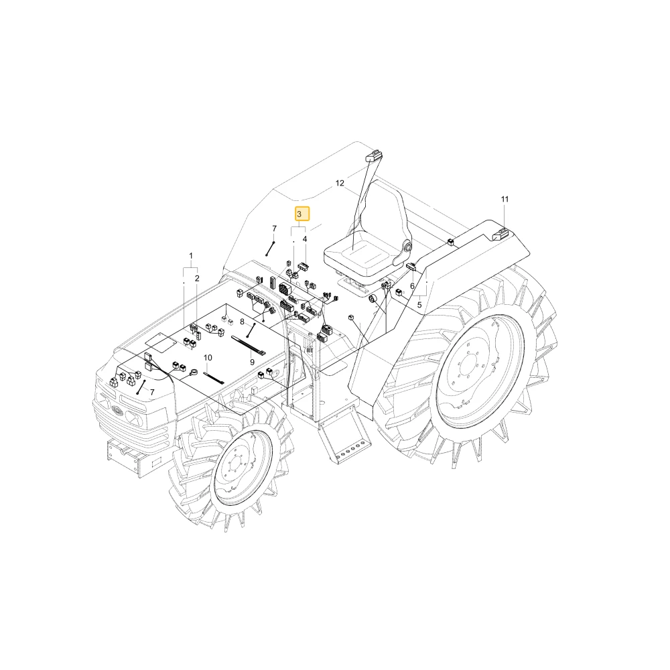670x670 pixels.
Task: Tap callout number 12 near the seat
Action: click(x=340, y=184)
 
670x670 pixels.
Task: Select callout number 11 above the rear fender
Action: click(x=505, y=199)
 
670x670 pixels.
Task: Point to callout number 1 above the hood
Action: click(x=191, y=256)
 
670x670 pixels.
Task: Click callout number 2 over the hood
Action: click(x=197, y=279)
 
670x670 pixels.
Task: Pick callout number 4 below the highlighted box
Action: click(x=305, y=239)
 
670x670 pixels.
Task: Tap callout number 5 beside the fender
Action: click(x=419, y=305)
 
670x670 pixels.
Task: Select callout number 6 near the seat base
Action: click(x=412, y=286)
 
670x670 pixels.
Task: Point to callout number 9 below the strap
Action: click(x=252, y=362)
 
